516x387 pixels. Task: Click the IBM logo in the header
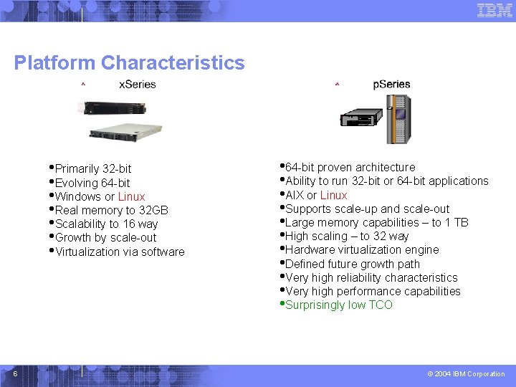click(494, 10)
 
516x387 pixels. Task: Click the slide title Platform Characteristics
click(129, 63)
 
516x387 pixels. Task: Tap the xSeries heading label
click(137, 85)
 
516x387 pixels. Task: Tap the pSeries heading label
click(391, 85)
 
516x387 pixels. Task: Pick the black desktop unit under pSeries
click(363, 118)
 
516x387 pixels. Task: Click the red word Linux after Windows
click(131, 196)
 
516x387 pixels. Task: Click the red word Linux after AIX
click(333, 195)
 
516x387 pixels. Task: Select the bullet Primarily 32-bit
click(93, 169)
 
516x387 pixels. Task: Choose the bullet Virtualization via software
click(120, 252)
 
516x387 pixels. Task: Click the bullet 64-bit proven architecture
click(350, 167)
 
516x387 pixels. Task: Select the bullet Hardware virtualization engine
click(362, 249)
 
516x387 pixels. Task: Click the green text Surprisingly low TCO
click(339, 305)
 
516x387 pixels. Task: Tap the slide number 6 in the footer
click(14, 373)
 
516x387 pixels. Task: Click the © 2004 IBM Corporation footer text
click(466, 374)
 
